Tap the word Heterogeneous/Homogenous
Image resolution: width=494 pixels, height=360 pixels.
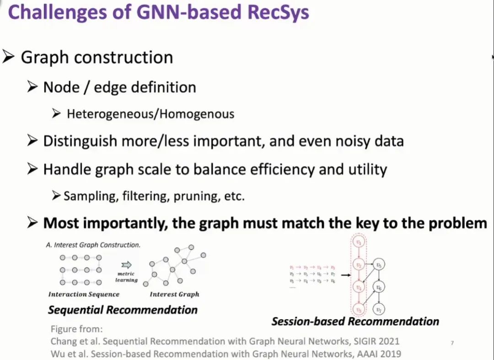150,114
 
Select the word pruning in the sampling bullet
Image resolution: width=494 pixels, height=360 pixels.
195,196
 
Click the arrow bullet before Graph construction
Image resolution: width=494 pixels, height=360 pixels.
9,57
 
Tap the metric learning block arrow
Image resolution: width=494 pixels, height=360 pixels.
126,264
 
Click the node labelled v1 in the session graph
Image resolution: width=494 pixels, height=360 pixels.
359,242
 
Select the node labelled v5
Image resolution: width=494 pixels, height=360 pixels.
378,264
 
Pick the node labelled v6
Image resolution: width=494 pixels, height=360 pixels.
378,287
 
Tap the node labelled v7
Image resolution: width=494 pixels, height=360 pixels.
378,310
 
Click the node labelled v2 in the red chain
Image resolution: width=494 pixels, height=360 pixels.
359,264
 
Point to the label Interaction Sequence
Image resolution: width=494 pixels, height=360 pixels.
84,294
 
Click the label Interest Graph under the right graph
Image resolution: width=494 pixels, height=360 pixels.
174,294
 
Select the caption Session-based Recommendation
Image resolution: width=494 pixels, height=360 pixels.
355,321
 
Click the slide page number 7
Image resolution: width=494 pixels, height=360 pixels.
452,343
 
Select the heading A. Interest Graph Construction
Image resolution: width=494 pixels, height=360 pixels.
93,245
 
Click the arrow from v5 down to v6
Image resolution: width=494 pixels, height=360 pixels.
378,275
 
